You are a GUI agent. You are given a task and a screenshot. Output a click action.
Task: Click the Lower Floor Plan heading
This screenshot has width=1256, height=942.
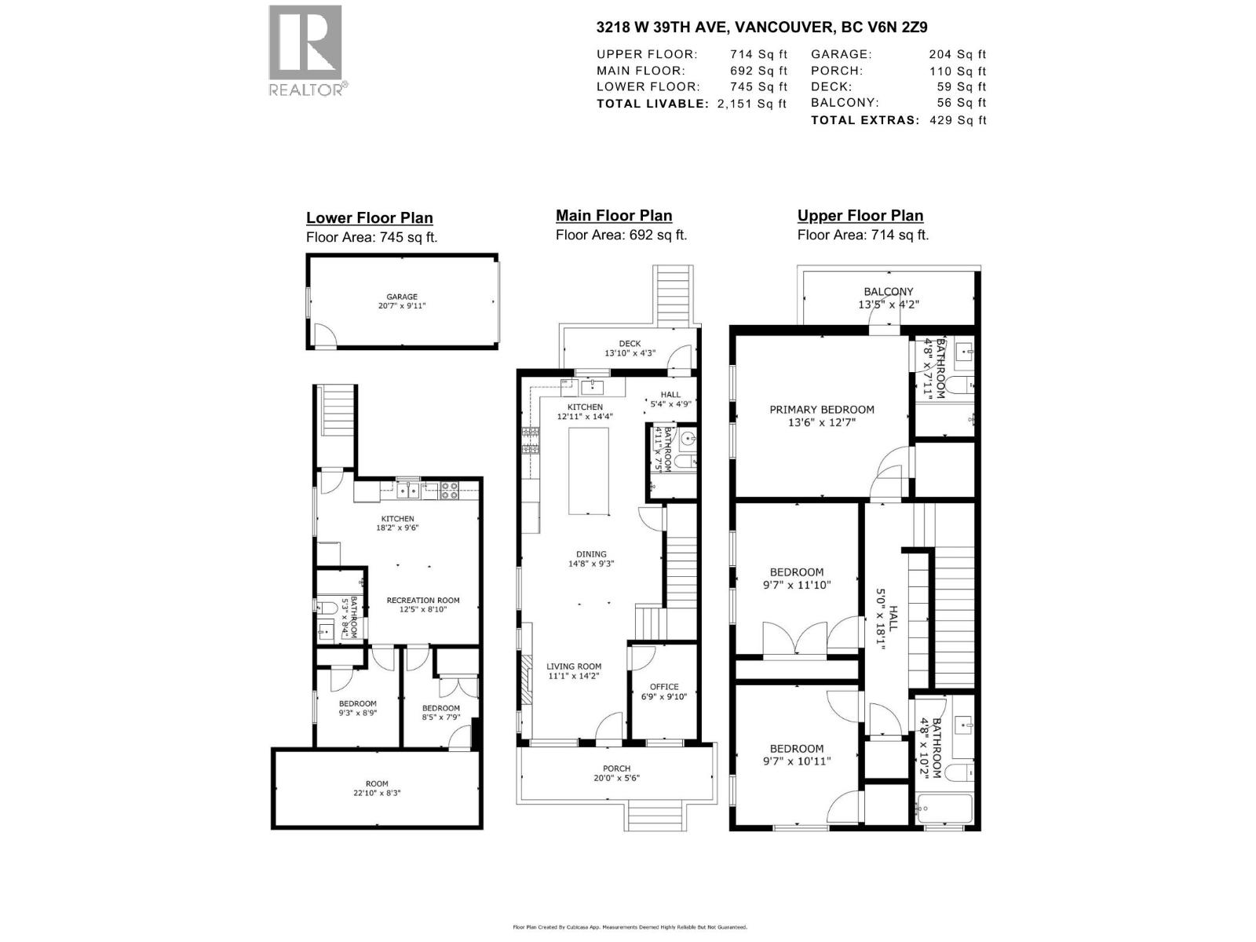coord(369,218)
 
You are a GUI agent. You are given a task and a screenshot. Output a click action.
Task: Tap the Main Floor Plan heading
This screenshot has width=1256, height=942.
coord(613,216)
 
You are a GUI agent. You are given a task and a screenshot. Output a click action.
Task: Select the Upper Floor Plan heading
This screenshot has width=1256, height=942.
coord(860,216)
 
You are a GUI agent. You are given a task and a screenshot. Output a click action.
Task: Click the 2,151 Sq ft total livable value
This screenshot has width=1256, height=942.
coord(751,104)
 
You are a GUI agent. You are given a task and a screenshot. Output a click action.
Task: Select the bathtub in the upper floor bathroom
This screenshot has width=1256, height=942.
coord(944,808)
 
